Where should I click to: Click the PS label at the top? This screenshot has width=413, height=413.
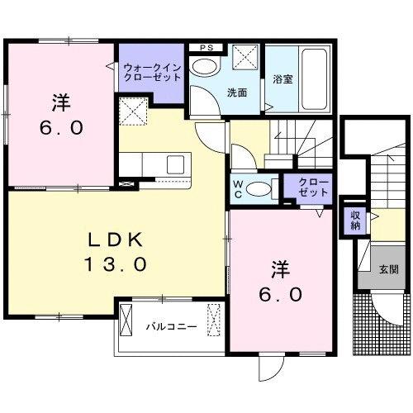pyautogui.click(x=206, y=47)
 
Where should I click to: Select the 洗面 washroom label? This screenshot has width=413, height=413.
pyautogui.click(x=238, y=93)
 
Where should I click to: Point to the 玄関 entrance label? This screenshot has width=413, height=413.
pyautogui.click(x=388, y=268)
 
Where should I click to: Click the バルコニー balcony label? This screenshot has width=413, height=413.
pyautogui.click(x=171, y=326)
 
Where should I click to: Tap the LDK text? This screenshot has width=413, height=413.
pyautogui.click(x=116, y=240)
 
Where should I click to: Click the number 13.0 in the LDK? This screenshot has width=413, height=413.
pyautogui.click(x=116, y=264)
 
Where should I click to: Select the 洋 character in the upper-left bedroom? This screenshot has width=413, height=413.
pyautogui.click(x=59, y=104)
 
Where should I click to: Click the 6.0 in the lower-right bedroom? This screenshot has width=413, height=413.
pyautogui.click(x=278, y=293)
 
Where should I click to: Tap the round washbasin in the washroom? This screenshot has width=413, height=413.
pyautogui.click(x=202, y=65)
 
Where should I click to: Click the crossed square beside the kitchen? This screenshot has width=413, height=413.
pyautogui.click(x=132, y=111)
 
